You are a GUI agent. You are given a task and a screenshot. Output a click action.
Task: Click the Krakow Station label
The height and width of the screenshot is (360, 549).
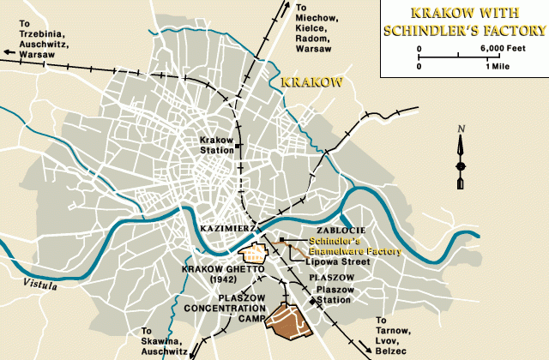click(215, 144)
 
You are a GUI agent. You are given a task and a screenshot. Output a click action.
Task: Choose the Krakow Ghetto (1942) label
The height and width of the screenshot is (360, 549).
click(214, 273)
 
